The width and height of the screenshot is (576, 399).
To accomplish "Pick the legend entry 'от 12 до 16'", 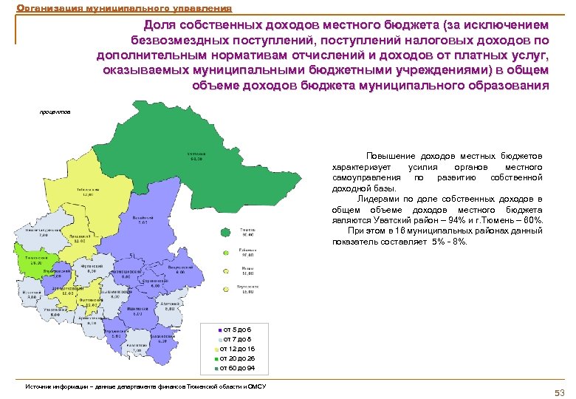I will [x=239, y=348].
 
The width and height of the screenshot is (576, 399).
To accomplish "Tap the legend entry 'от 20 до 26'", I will [x=239, y=358].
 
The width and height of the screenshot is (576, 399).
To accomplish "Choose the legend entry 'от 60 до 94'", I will [x=239, y=367].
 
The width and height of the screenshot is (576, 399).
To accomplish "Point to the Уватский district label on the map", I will [x=196, y=156].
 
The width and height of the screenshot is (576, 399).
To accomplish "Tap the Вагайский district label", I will [x=143, y=220].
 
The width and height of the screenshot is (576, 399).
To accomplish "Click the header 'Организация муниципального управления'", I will [x=123, y=8].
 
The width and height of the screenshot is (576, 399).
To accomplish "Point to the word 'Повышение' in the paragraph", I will [x=391, y=157].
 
